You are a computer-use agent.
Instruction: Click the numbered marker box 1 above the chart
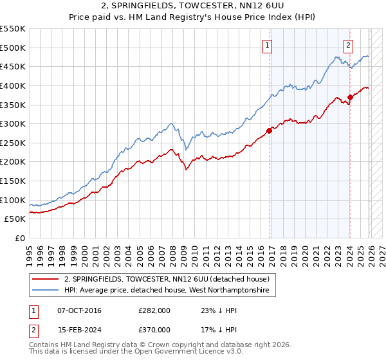pyautogui.click(x=266, y=45)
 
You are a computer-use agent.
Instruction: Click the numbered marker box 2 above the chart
pyautogui.click(x=348, y=45)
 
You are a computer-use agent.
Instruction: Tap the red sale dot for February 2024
pyautogui.click(x=350, y=97)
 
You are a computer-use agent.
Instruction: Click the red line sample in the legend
pyautogui.click(x=46, y=279)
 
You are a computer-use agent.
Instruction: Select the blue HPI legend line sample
pyautogui.click(x=46, y=291)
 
